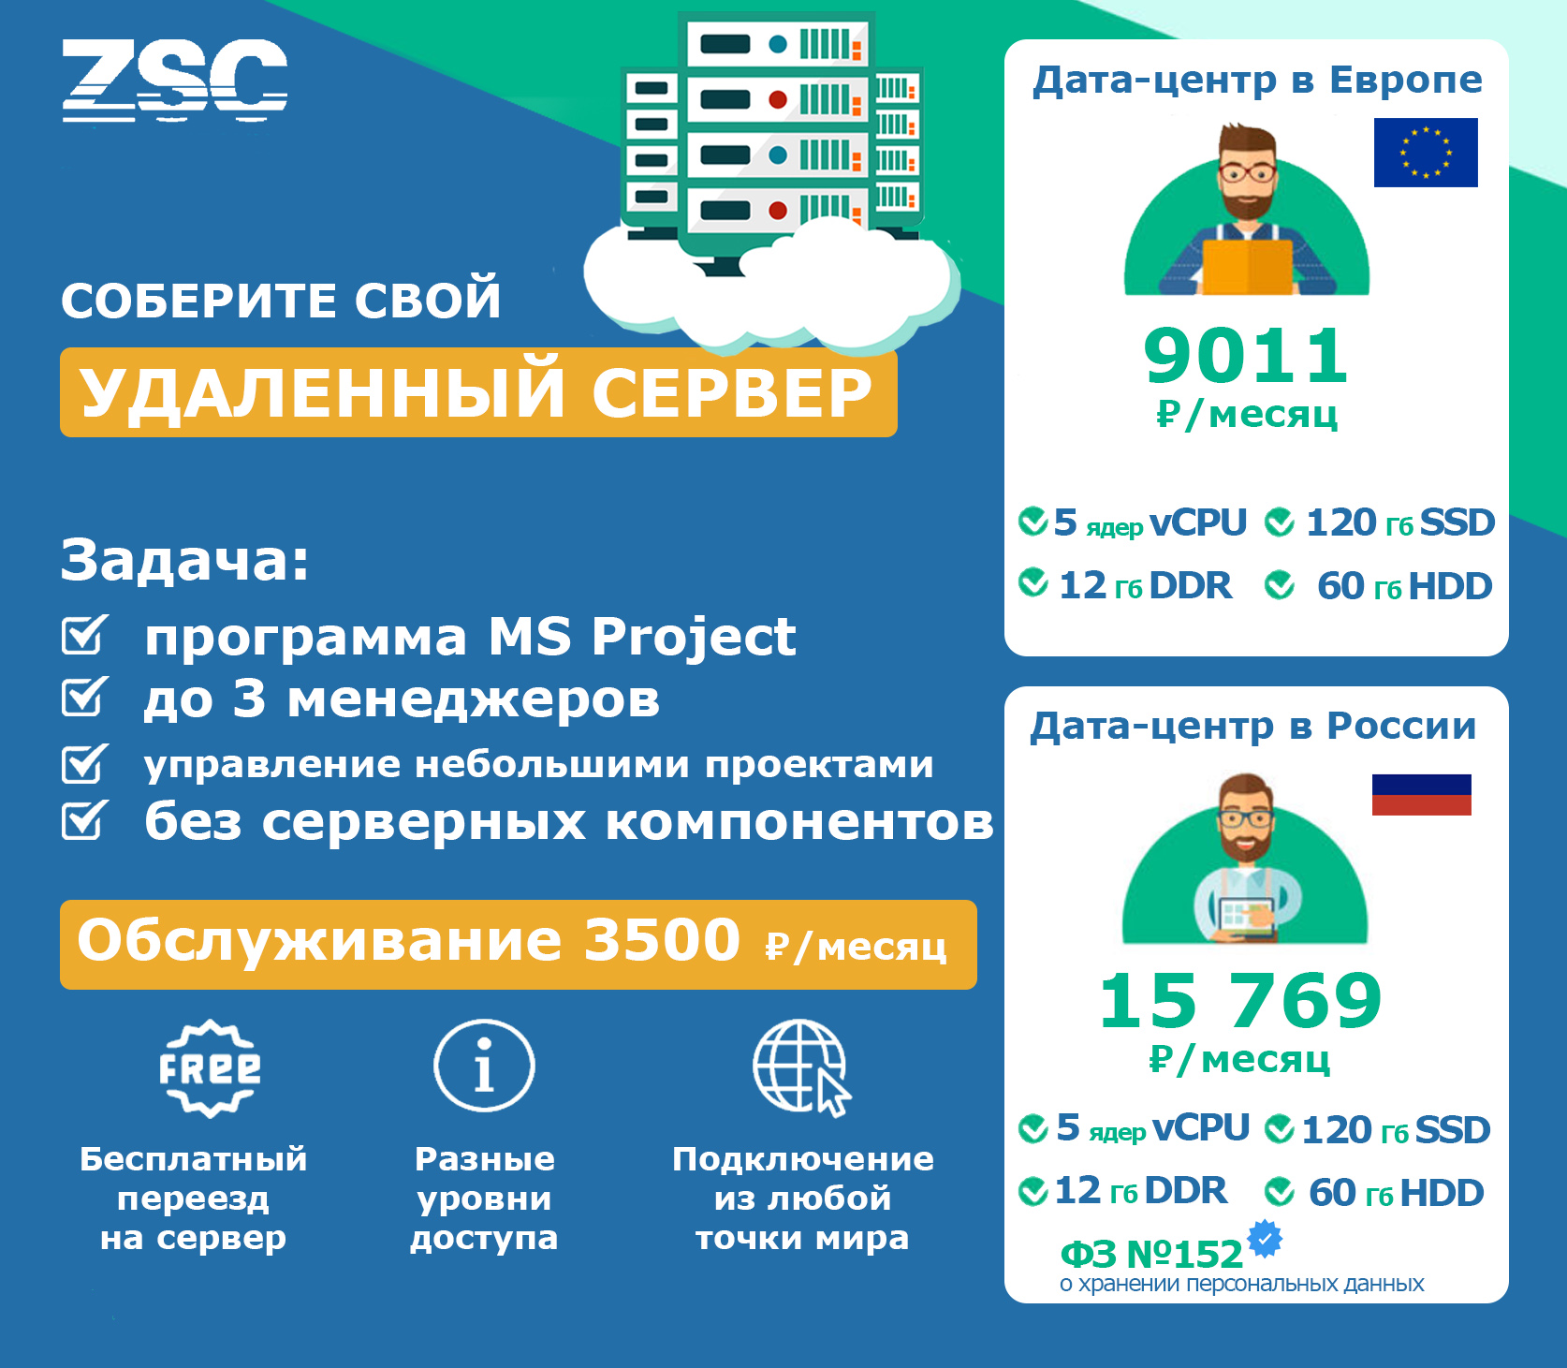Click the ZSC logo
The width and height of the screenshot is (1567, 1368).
[174, 81]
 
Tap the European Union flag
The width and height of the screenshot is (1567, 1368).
[1425, 153]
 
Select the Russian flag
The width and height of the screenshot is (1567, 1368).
[1421, 795]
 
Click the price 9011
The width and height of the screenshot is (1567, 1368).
[1245, 356]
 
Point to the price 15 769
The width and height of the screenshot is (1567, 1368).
[1240, 1001]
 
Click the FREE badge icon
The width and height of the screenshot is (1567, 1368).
[210, 1068]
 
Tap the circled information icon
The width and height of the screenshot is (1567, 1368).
[484, 1066]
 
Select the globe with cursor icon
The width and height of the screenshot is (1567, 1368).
[802, 1067]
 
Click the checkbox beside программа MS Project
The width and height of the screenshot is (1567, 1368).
[85, 634]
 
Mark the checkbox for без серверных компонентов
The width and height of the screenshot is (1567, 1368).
[85, 819]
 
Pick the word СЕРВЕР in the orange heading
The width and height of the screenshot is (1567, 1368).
[732, 392]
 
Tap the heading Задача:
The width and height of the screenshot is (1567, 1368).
[184, 560]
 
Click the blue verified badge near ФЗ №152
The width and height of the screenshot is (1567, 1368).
[1265, 1239]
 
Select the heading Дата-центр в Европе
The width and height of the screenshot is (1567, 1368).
[1257, 80]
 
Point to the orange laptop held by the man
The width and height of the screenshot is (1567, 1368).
[1247, 267]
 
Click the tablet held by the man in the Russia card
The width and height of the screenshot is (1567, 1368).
[1246, 915]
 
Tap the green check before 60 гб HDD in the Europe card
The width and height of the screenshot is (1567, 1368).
[1279, 586]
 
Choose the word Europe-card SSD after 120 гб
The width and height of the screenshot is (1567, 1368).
[1457, 522]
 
